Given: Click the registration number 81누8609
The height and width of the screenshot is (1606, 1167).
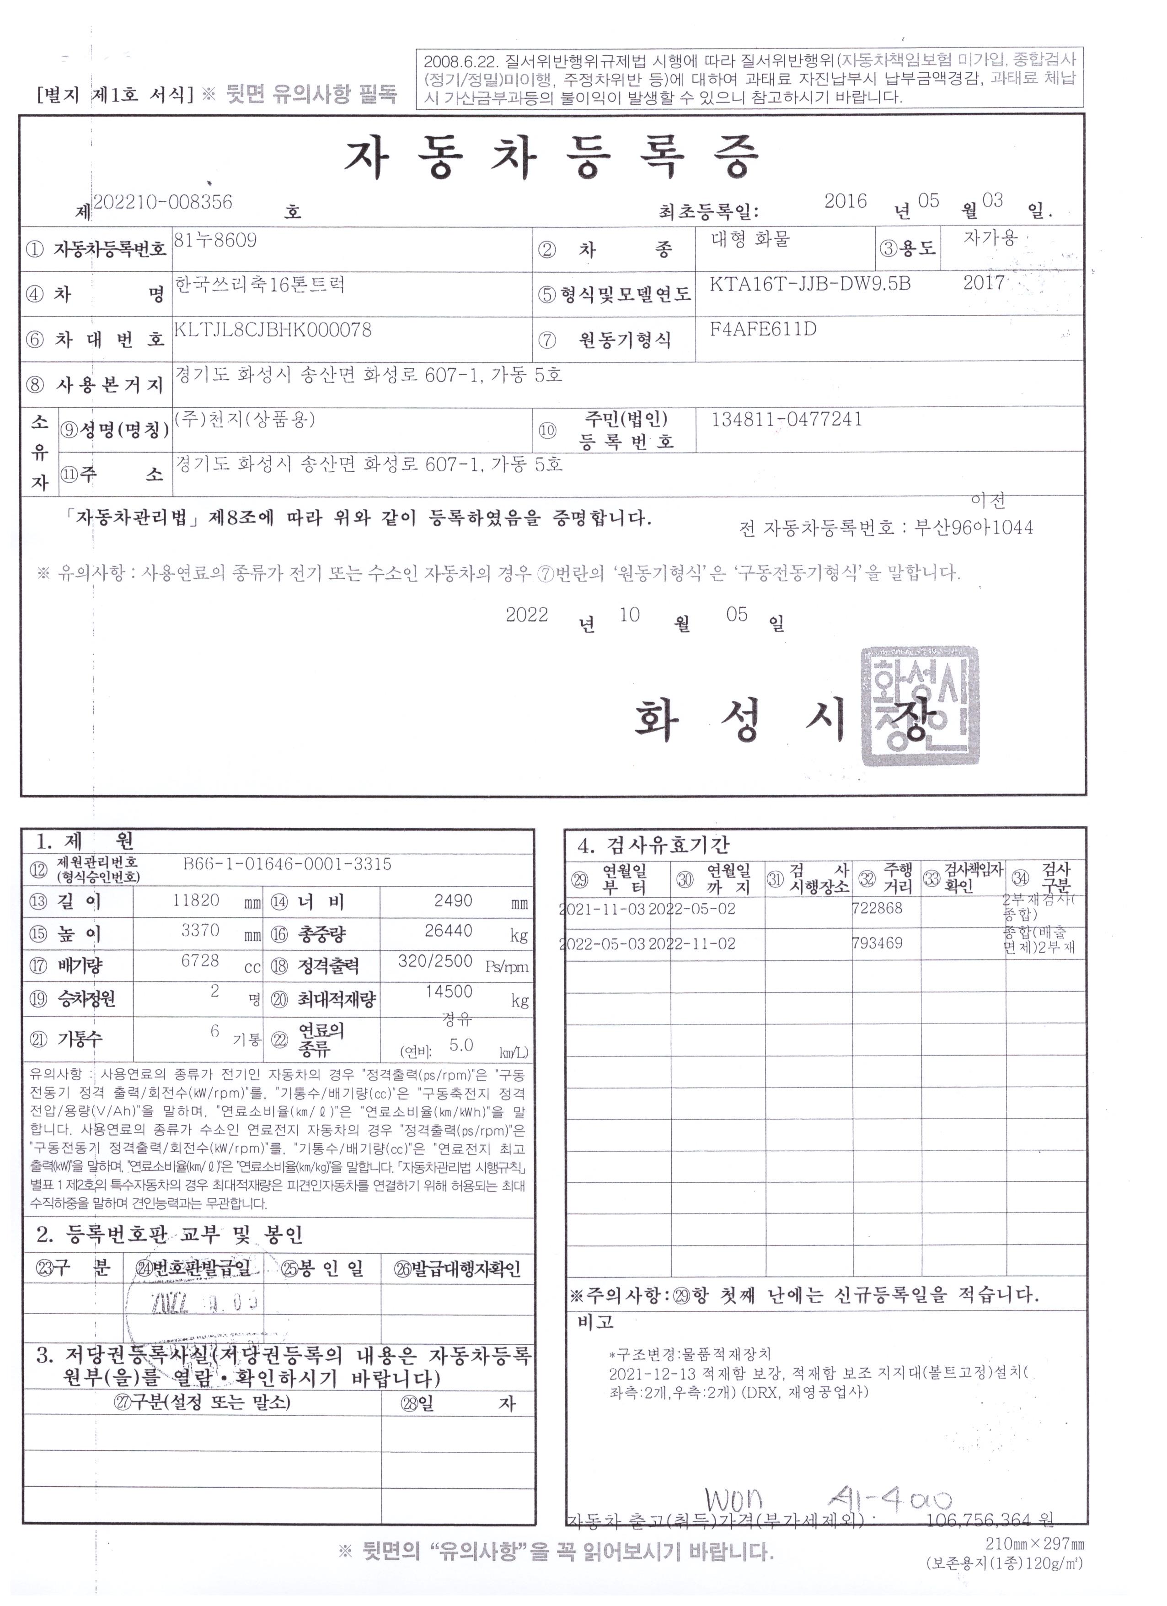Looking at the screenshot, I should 216,241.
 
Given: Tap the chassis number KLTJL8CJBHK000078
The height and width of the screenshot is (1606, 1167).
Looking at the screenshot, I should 273,330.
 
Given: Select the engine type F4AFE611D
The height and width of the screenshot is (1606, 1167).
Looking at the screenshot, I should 764,329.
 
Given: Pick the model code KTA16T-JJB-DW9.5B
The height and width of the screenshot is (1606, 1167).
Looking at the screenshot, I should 810,285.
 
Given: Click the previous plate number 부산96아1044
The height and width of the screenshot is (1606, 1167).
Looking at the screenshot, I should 973,528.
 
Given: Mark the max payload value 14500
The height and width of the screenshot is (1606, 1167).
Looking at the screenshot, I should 449,992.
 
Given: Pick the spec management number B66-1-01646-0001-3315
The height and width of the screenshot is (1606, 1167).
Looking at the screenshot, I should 287,864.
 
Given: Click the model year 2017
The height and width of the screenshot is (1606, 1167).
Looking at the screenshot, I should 984,283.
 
